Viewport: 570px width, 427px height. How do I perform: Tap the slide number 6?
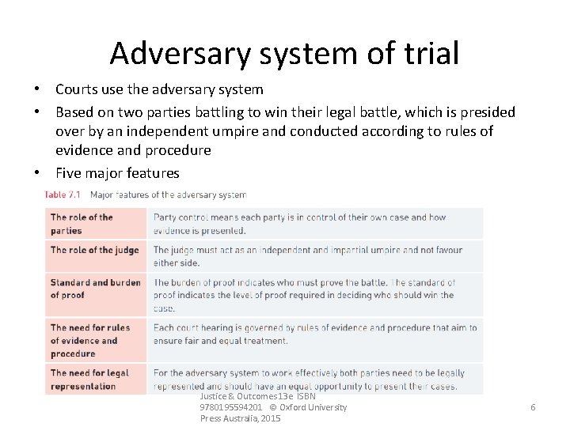(x=533, y=406)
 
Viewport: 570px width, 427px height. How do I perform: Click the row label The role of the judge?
(x=94, y=250)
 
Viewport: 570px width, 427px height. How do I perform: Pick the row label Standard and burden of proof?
(x=95, y=289)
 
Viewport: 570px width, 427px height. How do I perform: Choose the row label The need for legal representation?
(x=89, y=380)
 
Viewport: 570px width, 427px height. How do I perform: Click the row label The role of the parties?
(x=82, y=224)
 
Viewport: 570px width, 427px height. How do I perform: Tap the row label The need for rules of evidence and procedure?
(x=89, y=341)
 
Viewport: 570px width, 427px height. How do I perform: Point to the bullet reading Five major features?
(x=117, y=172)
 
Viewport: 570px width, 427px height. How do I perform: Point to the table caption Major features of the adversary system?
(x=168, y=195)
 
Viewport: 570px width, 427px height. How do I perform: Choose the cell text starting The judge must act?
(x=307, y=256)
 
